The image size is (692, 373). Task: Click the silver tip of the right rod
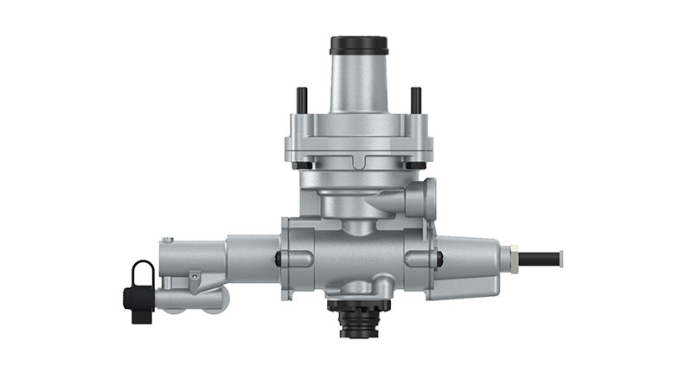point(561,257)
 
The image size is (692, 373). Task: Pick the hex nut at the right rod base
point(514,258)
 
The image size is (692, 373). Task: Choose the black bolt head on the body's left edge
point(279,258)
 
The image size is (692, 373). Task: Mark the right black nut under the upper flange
point(415,165)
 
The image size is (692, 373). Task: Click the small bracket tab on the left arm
point(195,277)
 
